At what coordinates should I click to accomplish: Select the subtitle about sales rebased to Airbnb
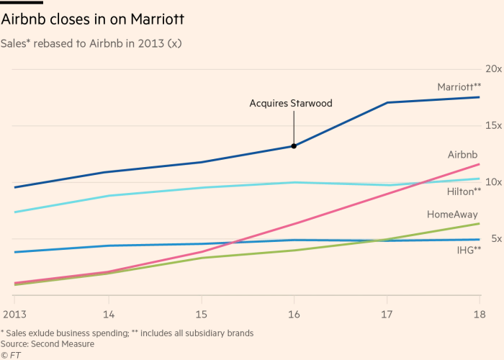tap(92, 43)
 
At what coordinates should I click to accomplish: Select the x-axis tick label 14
tap(108, 315)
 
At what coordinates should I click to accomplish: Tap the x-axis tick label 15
tap(201, 315)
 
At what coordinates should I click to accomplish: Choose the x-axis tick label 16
tap(294, 315)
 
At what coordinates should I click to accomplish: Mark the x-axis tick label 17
tap(387, 315)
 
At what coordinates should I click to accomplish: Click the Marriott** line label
tap(459, 86)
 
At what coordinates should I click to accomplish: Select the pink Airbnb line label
tap(463, 155)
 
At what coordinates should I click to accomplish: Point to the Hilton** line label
tap(464, 192)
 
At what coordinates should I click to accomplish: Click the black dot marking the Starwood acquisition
tap(294, 146)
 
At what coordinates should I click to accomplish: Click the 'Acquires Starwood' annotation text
tap(291, 104)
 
